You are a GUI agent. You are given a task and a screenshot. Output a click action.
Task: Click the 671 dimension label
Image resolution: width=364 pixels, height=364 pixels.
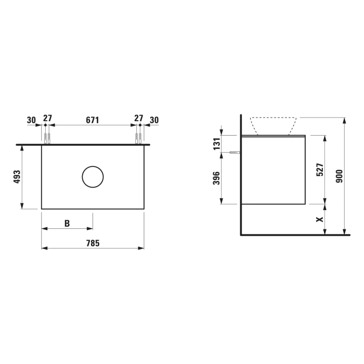pos(93,120)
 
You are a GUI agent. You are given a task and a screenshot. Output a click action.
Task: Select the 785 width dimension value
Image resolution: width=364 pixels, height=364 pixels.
pos(93,243)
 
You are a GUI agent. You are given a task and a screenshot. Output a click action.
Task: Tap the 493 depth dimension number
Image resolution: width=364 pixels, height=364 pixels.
pos(17,177)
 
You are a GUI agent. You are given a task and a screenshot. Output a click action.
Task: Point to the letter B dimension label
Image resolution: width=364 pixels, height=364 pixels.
pos(67,223)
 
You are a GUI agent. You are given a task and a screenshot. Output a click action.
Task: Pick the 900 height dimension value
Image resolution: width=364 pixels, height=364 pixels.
pos(339,176)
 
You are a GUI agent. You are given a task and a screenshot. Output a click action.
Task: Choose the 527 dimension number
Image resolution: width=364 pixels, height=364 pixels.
pos(320,170)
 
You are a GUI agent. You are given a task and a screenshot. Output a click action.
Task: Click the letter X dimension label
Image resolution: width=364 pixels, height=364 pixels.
pos(320,219)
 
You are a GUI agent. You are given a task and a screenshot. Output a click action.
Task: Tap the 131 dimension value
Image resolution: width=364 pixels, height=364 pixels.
pos(216,144)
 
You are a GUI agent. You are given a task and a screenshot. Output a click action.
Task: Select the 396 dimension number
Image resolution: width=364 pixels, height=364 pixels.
pos(216,178)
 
